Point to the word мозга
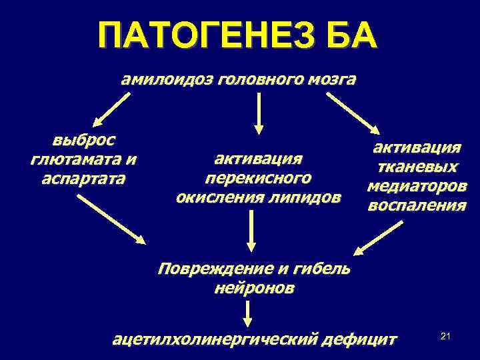point(331,80)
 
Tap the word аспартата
point(83,179)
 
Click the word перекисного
point(258,178)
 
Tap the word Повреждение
point(209,269)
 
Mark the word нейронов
point(254,289)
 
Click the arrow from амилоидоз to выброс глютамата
point(111,110)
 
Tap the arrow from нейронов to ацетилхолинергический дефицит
point(247,313)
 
